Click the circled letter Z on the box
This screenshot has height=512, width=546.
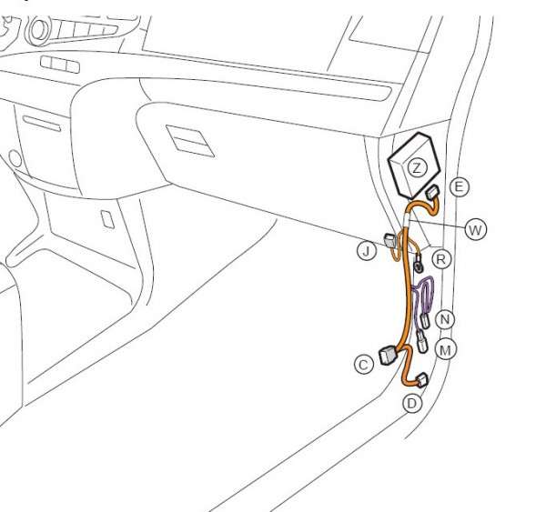(416, 167)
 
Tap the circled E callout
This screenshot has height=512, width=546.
(460, 187)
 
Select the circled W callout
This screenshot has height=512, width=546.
(474, 229)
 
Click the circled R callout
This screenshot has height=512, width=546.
(441, 259)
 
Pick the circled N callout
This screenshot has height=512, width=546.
(444, 319)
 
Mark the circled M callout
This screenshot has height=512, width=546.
(445, 348)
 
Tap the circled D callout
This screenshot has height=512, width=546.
(412, 402)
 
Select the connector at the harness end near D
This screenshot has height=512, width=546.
(420, 380)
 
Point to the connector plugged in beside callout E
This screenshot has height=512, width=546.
(432, 194)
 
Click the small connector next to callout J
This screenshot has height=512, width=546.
(390, 242)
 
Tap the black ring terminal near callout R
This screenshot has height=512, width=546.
(416, 266)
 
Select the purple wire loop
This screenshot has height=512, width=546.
(420, 305)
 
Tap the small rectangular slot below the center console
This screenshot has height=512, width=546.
(107, 219)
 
